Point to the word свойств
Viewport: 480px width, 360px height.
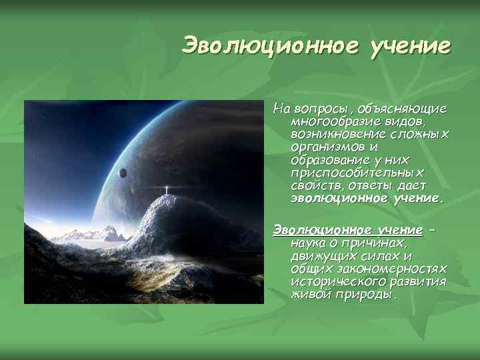tap(311, 185)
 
